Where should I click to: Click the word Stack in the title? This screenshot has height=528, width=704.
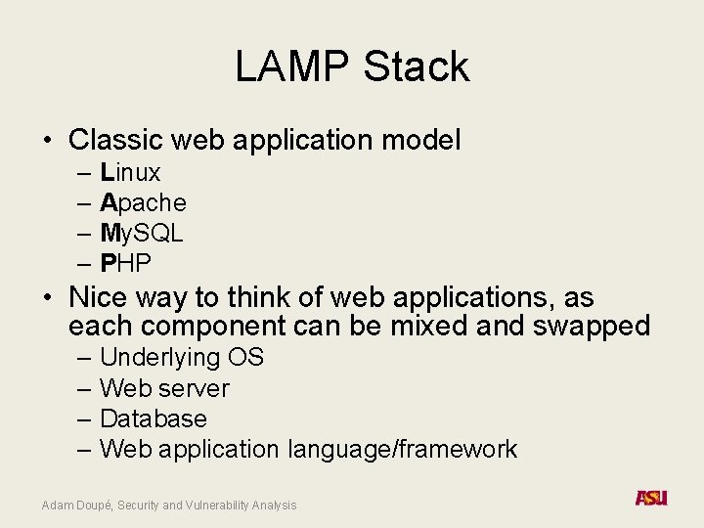pos(417,66)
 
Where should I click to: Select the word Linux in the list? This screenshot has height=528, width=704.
pos(130,173)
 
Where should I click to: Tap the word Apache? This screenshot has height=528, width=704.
pos(143,203)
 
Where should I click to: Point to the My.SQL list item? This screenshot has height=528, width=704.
pos(142,234)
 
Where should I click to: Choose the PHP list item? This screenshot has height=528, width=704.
pos(126,264)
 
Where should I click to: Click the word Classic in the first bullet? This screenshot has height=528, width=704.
pos(116,140)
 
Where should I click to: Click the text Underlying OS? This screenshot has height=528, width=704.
pos(182,358)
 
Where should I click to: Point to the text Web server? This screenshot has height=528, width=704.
pos(164,388)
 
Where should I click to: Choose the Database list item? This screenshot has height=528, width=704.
pos(154,418)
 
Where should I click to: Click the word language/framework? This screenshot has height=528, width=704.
pos(402,449)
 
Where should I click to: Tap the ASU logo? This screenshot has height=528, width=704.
pos(650,498)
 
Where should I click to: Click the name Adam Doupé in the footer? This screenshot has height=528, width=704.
pos(77,506)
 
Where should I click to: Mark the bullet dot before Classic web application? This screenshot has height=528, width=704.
pos(47,141)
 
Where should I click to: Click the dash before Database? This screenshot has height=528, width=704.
pos(81,418)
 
